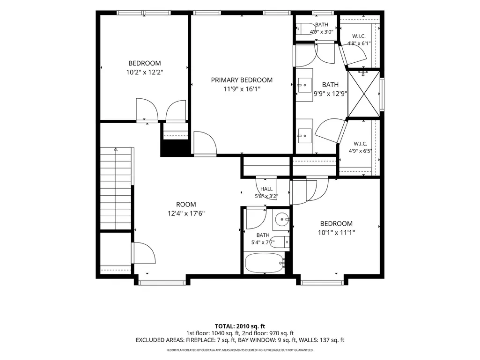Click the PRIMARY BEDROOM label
[x=242, y=80]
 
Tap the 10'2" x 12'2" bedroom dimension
[x=145, y=73]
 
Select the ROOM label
[x=186, y=205]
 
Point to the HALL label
[x=266, y=189]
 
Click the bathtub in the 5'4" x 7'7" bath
[x=265, y=263]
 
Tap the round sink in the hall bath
[x=281, y=219]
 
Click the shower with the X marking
[x=364, y=94]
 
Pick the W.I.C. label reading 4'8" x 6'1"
[x=359, y=40]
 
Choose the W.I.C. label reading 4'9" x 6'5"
[x=360, y=147]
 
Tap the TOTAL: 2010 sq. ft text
[x=240, y=326]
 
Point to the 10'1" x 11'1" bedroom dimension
[x=336, y=233]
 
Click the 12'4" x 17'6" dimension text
[x=186, y=213]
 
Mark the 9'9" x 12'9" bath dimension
[x=330, y=94]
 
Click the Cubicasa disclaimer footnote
[x=240, y=350]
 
